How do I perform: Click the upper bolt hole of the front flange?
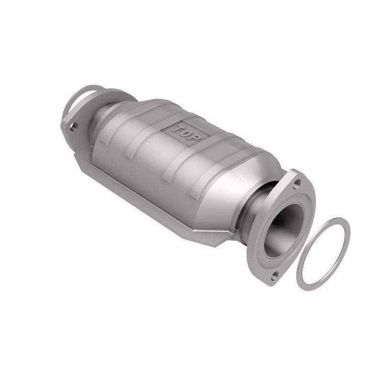point(298,182)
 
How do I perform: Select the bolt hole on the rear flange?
point(73,126)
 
